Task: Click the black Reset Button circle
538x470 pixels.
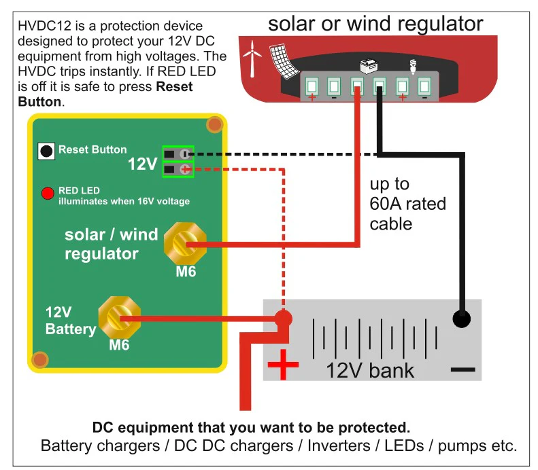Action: point(46,151)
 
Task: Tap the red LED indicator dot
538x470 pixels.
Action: point(48,193)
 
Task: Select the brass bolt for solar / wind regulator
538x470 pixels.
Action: point(185,244)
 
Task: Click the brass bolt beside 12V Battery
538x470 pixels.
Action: point(120,318)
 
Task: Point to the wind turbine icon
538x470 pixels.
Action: point(252,58)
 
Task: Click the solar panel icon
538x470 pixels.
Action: point(284,61)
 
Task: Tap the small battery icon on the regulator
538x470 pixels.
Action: point(369,66)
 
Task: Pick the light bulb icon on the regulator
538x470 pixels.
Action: point(413,67)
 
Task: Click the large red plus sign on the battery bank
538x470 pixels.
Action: point(283,365)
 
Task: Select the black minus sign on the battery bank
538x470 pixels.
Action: point(463,369)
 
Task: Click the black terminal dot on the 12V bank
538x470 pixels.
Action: point(462,319)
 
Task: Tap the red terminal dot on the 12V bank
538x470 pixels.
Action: point(283,319)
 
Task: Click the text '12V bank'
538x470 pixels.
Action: point(370,371)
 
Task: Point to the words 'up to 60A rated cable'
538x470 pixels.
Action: point(407,204)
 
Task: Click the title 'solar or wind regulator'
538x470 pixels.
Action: point(375,24)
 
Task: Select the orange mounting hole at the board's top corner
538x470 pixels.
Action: point(215,125)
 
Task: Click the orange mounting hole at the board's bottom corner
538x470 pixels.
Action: point(40,360)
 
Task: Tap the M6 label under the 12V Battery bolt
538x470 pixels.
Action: point(119,345)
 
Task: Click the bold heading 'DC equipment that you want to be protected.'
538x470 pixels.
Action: point(251,427)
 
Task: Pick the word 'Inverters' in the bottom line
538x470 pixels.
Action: point(339,446)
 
